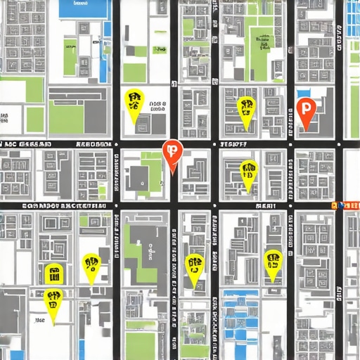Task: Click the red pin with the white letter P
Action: point(306,109)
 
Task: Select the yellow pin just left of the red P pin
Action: point(246,108)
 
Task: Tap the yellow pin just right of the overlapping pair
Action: point(91,265)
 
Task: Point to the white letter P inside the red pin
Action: point(306,108)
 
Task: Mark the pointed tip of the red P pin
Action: point(306,130)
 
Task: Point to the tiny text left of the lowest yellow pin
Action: point(39,320)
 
